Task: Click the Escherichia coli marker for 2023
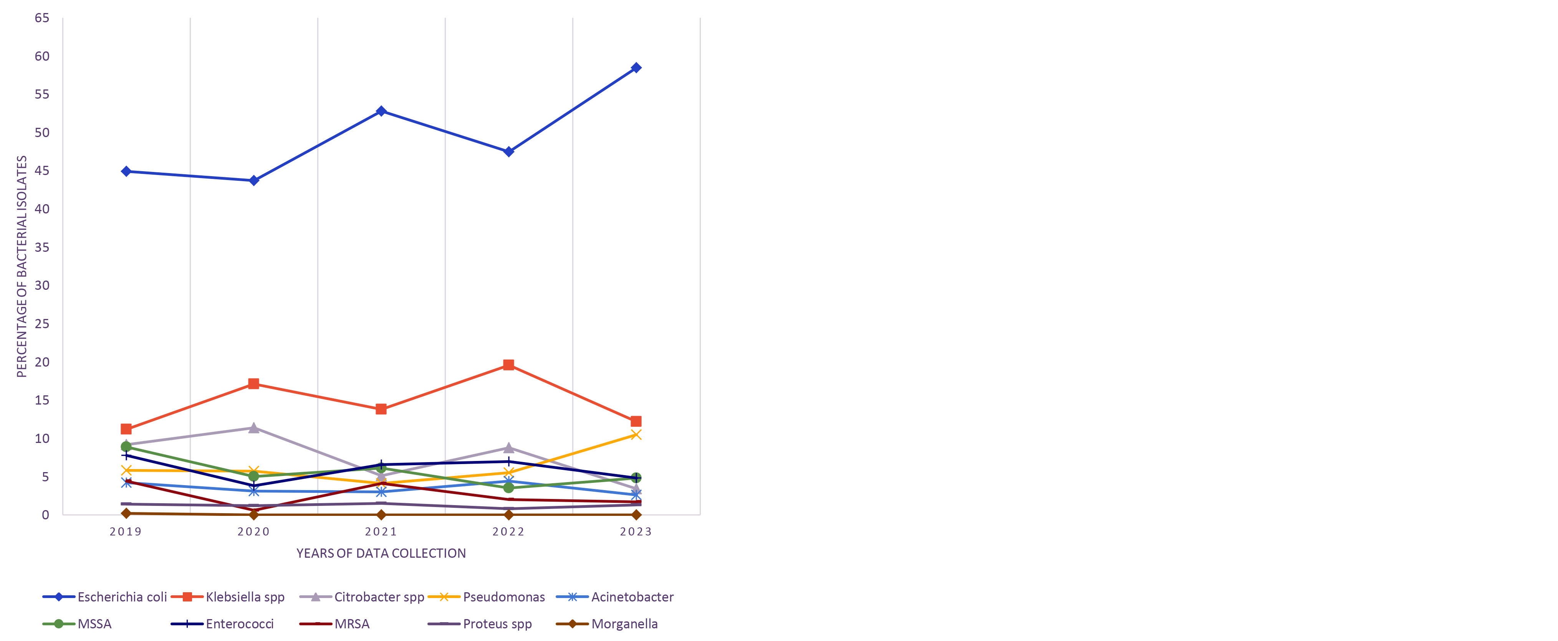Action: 636,68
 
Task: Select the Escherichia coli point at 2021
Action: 381,111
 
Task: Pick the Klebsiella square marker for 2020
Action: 253,384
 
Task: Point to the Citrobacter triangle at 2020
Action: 253,428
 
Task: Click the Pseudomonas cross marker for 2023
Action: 636,435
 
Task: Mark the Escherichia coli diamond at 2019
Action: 126,172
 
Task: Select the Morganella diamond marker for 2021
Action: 381,515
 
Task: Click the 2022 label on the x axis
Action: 509,532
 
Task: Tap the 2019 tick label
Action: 126,532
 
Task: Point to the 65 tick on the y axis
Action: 42,18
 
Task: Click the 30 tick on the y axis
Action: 42,286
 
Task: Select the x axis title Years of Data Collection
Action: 381,553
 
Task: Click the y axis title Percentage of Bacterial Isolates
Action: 22,266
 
